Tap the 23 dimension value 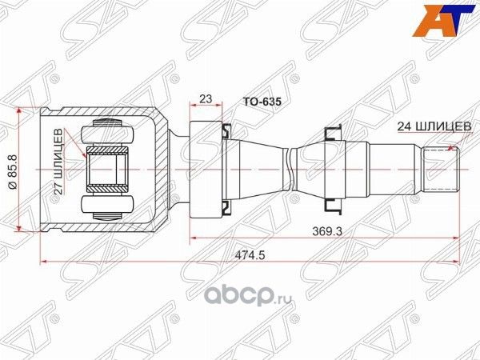(x=206, y=99)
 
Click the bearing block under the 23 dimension (x=206, y=169)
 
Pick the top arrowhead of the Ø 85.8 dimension (x=29, y=110)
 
